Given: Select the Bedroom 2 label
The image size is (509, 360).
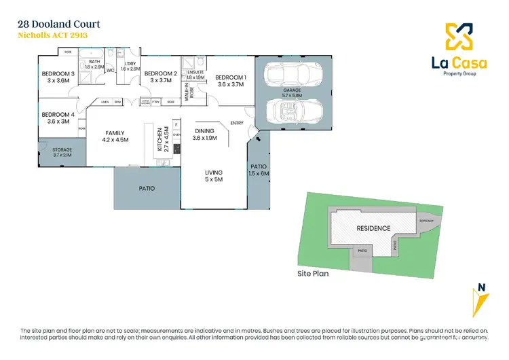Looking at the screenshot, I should [x=161, y=73].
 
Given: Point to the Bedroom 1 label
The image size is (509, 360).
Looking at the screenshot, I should [x=229, y=77].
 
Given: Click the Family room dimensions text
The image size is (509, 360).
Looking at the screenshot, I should [x=115, y=140].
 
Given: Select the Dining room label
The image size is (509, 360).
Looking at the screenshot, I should [x=204, y=131].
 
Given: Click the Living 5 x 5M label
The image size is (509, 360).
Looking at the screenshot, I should [x=214, y=176].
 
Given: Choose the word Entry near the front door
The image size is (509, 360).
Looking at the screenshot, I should [x=237, y=123].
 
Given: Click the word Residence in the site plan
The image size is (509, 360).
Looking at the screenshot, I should [x=373, y=228].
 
